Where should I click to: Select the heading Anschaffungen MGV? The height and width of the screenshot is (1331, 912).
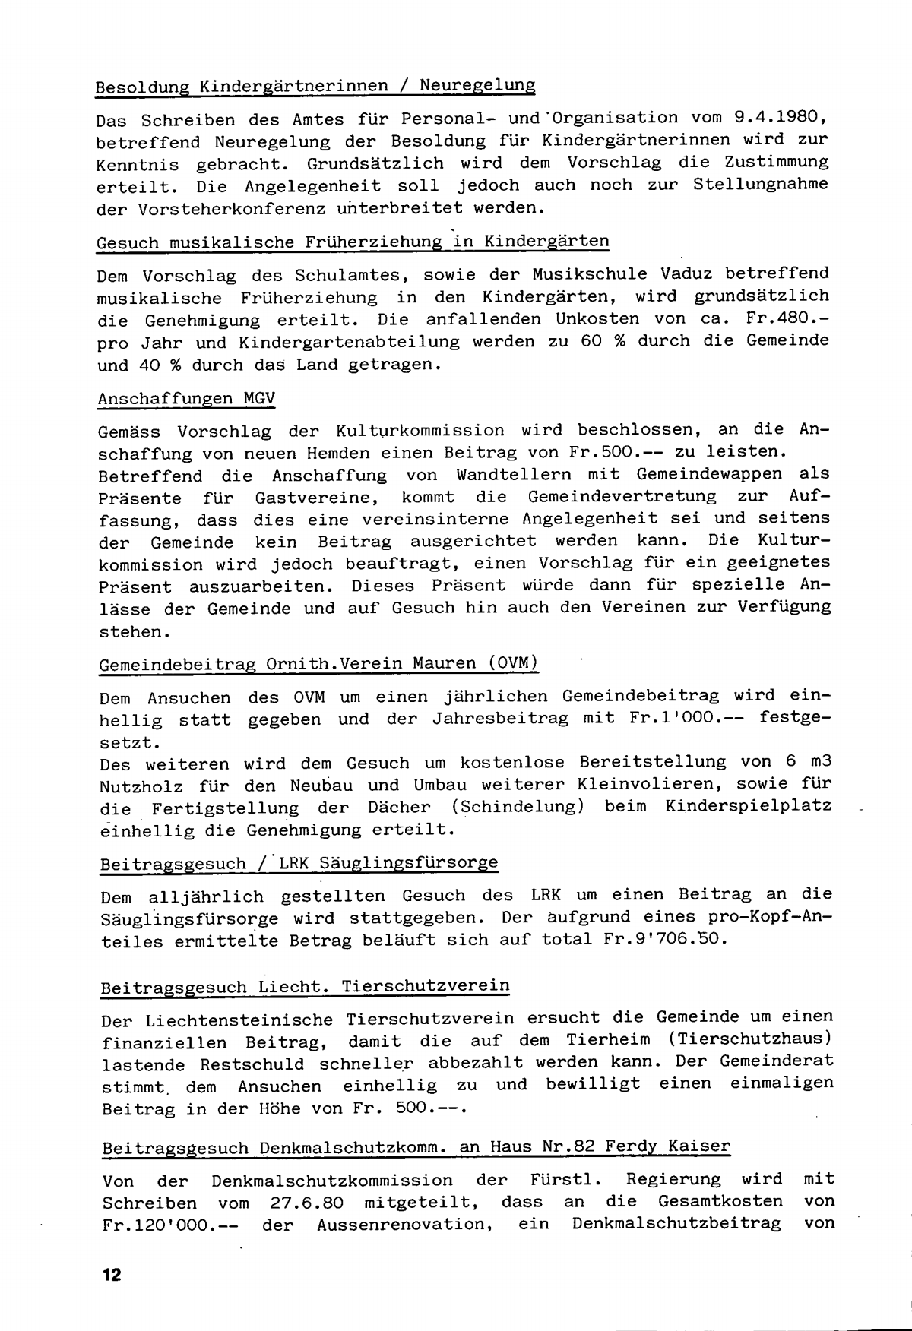186,398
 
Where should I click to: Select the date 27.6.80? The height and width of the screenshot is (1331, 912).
309,1202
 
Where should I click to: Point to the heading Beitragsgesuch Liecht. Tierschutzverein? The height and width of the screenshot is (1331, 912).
305,986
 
